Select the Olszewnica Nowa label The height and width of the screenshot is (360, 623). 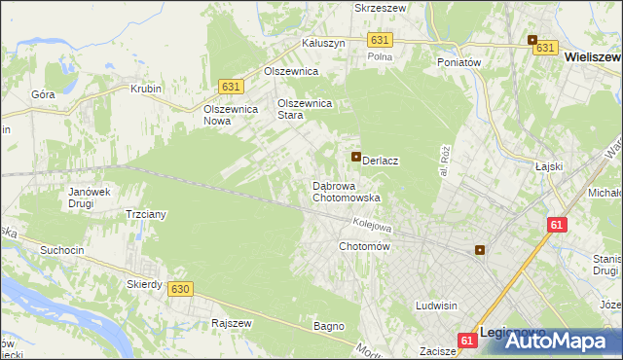(230, 115)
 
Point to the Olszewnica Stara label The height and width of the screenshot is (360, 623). (306, 108)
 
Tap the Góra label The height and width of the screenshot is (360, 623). (43, 95)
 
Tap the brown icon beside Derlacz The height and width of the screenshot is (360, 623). (356, 157)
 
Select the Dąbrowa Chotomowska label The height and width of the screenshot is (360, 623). (346, 192)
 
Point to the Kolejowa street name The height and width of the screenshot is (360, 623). (372, 225)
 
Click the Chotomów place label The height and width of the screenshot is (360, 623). (364, 247)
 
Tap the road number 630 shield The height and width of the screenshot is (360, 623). (178, 289)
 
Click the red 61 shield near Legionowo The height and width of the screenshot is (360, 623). (467, 340)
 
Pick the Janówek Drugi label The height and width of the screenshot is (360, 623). (87, 198)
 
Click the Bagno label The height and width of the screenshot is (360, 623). (329, 326)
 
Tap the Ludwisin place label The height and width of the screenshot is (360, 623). (435, 306)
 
